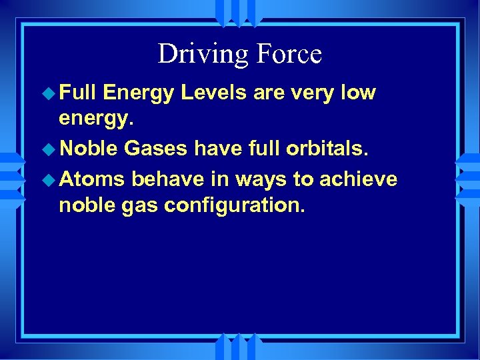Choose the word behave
click(168, 179)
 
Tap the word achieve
click(359, 179)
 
